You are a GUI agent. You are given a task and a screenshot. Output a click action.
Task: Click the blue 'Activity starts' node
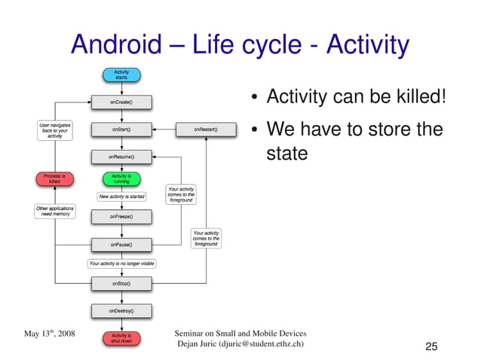click(x=121, y=75)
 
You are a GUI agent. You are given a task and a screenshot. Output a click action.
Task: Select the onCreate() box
click(x=121, y=101)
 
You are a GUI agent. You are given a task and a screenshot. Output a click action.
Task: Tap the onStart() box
click(x=121, y=129)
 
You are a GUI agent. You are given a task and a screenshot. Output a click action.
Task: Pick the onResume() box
click(x=121, y=157)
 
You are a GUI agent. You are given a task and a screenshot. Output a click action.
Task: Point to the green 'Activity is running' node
click(x=121, y=178)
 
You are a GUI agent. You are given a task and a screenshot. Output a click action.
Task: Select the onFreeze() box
click(x=121, y=216)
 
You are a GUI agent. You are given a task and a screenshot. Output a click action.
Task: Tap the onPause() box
click(x=121, y=245)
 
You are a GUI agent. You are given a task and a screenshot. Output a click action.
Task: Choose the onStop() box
click(x=121, y=283)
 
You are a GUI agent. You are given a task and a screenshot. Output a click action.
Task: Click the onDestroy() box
click(x=121, y=310)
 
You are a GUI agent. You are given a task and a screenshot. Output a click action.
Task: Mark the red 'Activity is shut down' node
click(x=121, y=338)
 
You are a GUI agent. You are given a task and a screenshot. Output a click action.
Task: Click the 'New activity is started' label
click(x=121, y=197)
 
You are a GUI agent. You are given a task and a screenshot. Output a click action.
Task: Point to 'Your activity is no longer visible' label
click(x=121, y=264)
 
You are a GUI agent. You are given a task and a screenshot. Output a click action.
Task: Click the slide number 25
click(x=431, y=346)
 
